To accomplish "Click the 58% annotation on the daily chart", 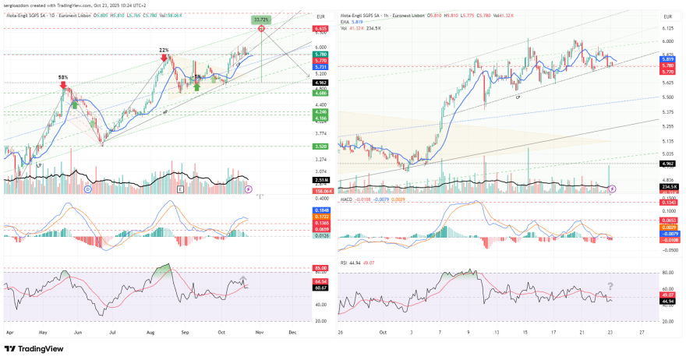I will [63, 77].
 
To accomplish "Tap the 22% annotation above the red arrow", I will [164, 50].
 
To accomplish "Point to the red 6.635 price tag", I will [320, 29].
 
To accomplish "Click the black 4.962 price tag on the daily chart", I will [320, 82].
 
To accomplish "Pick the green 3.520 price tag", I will [320, 146].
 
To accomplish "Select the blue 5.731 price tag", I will [320, 67].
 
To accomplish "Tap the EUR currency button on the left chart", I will [320, 16].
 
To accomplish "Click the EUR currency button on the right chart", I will [667, 16].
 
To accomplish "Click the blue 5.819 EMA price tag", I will [667, 59].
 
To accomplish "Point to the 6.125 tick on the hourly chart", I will [667, 27].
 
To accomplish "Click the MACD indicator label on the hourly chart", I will [348, 199].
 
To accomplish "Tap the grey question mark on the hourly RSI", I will [610, 286].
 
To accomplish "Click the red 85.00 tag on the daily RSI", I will [320, 268].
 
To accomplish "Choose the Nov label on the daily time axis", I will [259, 331].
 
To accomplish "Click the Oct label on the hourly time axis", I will [383, 331].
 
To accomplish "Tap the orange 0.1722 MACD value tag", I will [320, 216].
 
